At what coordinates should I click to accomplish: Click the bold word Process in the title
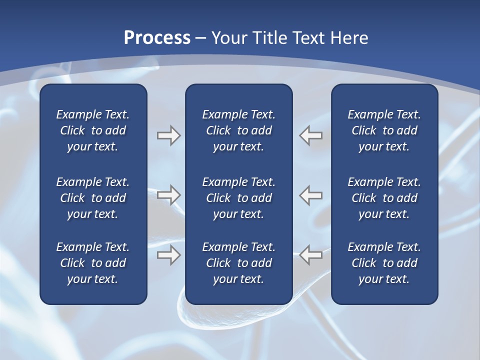(x=157, y=38)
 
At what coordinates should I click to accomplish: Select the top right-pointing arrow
(x=168, y=135)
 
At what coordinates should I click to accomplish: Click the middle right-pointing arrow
(x=168, y=195)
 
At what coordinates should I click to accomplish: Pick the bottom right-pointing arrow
(x=168, y=254)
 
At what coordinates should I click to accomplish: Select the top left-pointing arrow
(x=311, y=135)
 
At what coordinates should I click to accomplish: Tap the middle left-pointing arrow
(x=311, y=195)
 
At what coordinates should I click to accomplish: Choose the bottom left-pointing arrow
(x=311, y=254)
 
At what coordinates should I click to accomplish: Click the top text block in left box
(x=93, y=130)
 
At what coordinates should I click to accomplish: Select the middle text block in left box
(x=93, y=198)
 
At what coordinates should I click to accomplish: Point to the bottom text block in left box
(x=93, y=263)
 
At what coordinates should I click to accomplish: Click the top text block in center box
(x=238, y=130)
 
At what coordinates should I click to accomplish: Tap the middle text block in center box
(x=238, y=198)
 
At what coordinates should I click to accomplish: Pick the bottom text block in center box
(x=238, y=263)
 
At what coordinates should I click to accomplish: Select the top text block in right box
(x=384, y=130)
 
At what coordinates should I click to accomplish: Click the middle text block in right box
(x=384, y=198)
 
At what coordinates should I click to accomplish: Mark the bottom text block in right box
(x=384, y=263)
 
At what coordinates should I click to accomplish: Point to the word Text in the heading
(x=308, y=38)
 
